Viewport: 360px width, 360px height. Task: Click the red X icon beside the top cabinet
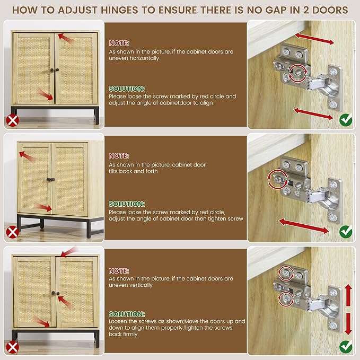point(12,120)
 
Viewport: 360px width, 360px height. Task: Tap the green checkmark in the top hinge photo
point(346,120)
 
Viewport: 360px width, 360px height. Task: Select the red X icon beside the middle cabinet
point(12,232)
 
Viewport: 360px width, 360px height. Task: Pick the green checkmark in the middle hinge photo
point(346,232)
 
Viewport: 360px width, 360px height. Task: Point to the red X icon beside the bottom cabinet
point(12,347)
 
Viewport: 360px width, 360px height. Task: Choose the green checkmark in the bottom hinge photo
point(346,347)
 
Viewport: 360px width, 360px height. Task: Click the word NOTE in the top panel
point(119,43)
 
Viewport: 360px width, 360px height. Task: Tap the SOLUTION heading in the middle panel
point(127,204)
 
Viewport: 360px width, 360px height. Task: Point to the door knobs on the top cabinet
point(55,70)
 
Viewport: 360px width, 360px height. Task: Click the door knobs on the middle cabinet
point(51,180)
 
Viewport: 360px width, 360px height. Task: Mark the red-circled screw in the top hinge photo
point(298,73)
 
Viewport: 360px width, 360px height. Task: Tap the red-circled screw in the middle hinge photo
point(278,179)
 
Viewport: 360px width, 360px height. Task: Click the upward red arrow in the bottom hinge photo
point(348,295)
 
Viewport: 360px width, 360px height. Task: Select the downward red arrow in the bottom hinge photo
point(348,324)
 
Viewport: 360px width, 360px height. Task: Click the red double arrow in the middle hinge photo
point(304,226)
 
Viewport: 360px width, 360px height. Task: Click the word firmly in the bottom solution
point(130,334)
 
